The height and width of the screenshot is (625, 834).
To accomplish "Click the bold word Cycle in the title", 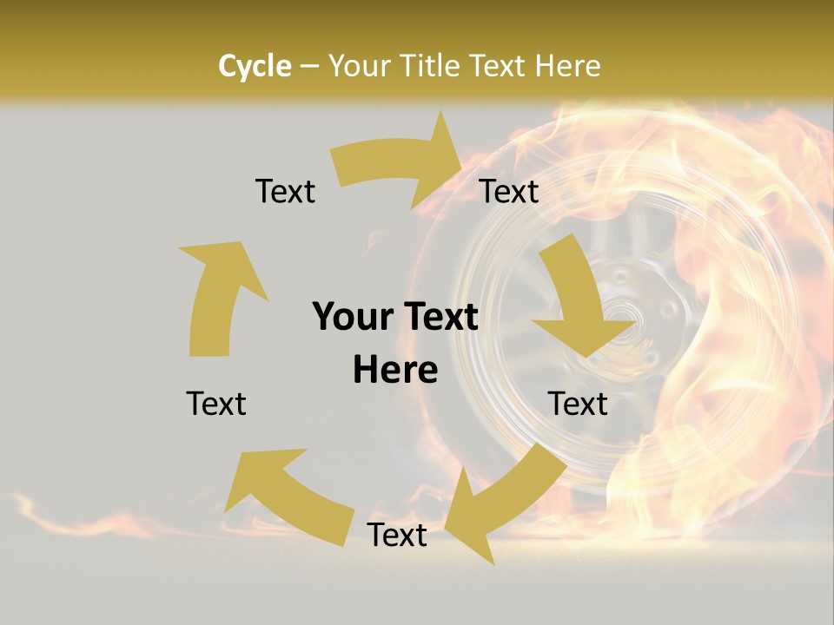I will pyautogui.click(x=255, y=66).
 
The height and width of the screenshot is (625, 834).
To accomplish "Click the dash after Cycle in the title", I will pyautogui.click(x=309, y=66).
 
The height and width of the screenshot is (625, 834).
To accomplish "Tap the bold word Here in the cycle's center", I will pyautogui.click(x=395, y=371).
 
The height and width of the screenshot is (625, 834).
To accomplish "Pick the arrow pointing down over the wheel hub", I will pyautogui.click(x=579, y=304).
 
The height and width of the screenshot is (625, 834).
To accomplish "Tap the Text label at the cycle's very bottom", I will pyautogui.click(x=397, y=536).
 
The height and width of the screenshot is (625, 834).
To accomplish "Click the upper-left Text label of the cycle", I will pyautogui.click(x=285, y=191).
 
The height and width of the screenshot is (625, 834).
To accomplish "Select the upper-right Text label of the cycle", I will pyautogui.click(x=509, y=191).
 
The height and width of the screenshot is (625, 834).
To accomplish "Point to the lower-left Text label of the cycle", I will pyautogui.click(x=216, y=404).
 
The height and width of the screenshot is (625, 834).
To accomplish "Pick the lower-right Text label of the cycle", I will pyautogui.click(x=578, y=404).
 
